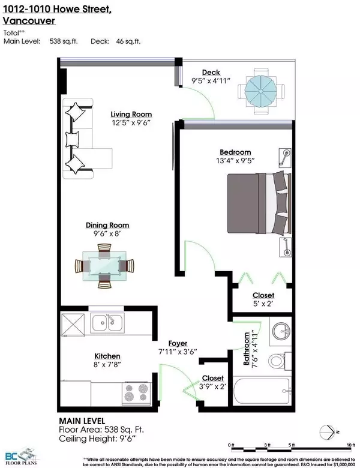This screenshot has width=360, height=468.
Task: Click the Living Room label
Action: (130, 115)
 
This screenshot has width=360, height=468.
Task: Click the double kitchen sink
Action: (107, 323)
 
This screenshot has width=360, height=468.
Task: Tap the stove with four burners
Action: (136, 393)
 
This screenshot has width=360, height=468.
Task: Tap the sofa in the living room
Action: (82, 140)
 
